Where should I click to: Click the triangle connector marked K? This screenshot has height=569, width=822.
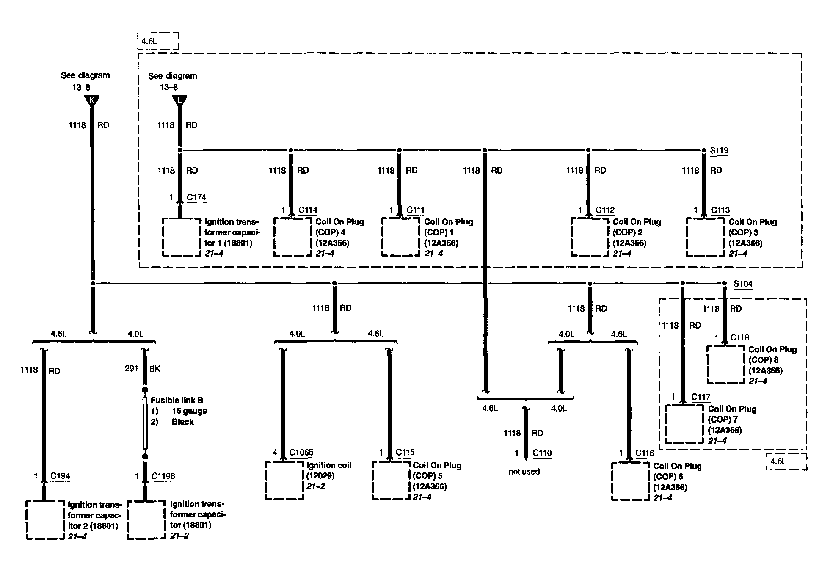91,101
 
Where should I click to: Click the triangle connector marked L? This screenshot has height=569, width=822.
179,101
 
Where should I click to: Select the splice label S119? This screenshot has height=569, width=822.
719,150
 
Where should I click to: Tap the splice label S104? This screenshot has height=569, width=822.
743,284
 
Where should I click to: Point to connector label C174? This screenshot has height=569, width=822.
196,197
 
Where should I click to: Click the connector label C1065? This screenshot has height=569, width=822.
301,453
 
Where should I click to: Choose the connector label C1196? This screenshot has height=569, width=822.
163,476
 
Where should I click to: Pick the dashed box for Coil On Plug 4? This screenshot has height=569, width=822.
292,237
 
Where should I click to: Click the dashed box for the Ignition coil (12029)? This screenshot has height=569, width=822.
284,481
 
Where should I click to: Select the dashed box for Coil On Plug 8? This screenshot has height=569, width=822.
725,365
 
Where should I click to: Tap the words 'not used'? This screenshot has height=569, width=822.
524,472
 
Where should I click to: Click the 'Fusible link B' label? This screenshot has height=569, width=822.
177,400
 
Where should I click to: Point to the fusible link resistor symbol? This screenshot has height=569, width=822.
145,423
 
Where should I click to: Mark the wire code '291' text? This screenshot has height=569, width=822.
132,369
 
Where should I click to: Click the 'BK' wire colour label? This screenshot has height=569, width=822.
155,369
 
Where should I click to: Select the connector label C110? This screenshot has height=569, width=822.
542,453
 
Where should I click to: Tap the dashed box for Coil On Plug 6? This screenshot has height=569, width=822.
631,481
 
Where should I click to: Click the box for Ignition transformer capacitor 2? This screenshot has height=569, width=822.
45,520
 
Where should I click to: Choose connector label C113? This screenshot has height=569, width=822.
720,210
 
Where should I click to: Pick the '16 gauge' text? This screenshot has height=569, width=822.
189,411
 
